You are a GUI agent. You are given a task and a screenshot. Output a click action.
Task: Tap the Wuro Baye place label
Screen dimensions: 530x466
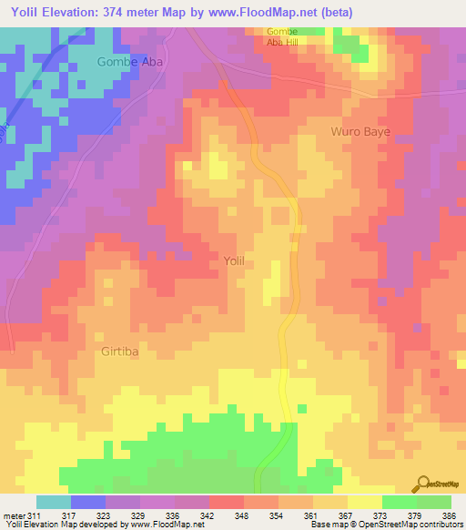point(360,132)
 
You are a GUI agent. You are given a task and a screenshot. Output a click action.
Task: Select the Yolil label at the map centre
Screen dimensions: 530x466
point(234,261)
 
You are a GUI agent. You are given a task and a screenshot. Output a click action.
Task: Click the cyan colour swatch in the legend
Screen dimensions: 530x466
point(54,502)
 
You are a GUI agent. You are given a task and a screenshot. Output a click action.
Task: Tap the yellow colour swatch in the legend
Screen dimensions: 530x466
point(364,502)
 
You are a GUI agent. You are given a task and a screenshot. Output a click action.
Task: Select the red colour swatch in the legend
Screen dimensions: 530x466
point(226,502)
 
